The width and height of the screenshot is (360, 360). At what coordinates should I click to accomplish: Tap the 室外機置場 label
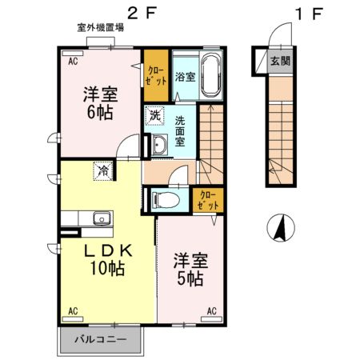[x=100, y=28]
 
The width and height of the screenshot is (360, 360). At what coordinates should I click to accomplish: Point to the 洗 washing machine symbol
[x=154, y=115]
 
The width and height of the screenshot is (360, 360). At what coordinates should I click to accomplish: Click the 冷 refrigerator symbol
[x=103, y=170]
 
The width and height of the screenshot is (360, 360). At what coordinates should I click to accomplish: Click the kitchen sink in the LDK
[x=100, y=218]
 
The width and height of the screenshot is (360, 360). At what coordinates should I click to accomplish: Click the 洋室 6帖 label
[x=101, y=103]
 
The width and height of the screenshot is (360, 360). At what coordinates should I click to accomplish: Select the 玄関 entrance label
[x=280, y=61]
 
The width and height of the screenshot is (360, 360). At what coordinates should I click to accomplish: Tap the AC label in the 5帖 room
[x=213, y=310]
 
